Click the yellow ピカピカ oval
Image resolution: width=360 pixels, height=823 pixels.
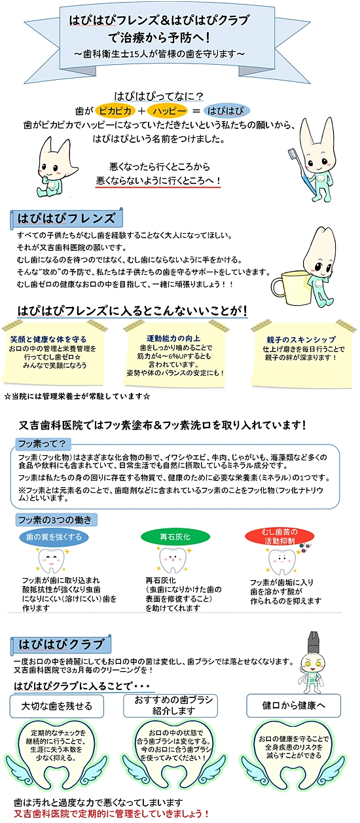coord(115,111)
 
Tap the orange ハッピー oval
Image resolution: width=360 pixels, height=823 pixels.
coord(168,111)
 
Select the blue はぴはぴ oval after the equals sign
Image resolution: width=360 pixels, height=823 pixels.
coord(226,111)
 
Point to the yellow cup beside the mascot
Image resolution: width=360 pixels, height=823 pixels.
coord(290,286)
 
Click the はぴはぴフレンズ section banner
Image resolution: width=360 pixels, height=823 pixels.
coord(66,219)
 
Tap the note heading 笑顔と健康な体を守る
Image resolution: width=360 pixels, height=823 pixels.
coord(48,338)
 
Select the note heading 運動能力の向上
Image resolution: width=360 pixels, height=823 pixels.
coord(173,338)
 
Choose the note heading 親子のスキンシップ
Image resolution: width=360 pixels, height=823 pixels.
coord(301,340)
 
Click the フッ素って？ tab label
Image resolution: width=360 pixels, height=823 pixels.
coord(43,444)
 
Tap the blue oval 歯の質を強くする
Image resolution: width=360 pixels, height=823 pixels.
coord(54,537)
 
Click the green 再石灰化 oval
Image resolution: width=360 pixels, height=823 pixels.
coord(175,537)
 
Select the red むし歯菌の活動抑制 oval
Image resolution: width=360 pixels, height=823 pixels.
coord(280,536)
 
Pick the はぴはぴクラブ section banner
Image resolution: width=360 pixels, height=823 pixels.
coord(61,644)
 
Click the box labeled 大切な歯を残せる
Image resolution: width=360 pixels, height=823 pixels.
coord(56,705)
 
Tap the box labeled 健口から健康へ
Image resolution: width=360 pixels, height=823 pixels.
coord(293,705)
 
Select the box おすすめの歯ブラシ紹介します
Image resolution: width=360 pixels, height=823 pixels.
coord(170,705)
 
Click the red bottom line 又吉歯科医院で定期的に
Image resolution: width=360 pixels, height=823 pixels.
coord(111,813)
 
